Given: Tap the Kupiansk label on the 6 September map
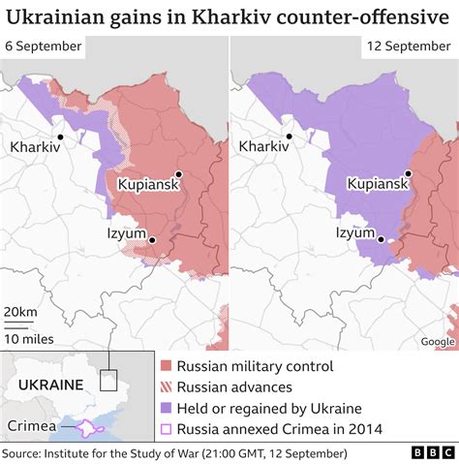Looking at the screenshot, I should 150,184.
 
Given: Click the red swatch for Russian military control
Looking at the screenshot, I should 167,366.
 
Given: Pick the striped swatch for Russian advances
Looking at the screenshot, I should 167,387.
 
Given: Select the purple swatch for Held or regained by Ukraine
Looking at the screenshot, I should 167,408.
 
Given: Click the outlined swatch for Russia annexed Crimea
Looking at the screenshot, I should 167,429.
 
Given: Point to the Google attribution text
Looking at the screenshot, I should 437,341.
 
